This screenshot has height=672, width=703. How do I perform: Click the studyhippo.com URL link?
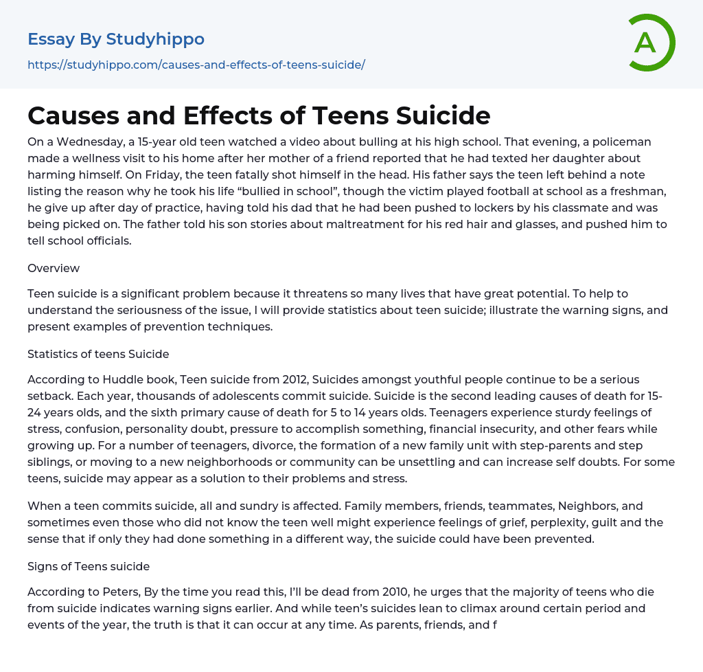196,65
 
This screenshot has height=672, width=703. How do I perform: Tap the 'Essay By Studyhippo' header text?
116,39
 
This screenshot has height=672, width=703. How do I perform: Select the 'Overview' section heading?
54,268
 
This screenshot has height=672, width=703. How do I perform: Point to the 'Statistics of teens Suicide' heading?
98,354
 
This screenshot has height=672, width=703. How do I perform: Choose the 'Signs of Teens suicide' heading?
89,566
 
